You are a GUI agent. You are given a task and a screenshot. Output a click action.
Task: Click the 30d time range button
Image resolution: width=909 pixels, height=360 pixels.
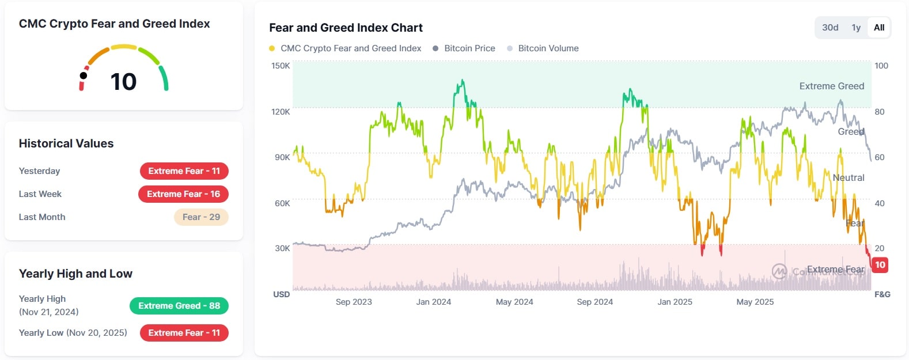coord(830,28)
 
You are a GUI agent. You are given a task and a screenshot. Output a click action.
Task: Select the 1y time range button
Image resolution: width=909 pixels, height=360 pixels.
coord(856,28)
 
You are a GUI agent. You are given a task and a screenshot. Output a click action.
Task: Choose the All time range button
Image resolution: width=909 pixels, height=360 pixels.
coord(878,28)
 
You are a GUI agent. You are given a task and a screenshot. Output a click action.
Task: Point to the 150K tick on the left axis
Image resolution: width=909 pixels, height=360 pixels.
coord(281,66)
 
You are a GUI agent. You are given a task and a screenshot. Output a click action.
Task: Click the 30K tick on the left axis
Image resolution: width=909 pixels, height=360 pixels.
coord(282,248)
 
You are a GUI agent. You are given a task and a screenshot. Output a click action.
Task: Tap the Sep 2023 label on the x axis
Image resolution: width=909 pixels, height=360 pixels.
coord(354,302)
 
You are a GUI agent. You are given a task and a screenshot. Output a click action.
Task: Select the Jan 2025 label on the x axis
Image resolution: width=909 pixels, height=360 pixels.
coord(675,302)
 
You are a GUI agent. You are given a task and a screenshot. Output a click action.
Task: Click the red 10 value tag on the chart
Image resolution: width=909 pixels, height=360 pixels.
coord(880,265)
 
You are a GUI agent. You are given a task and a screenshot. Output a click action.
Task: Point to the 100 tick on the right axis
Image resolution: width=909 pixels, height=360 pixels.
coord(881,66)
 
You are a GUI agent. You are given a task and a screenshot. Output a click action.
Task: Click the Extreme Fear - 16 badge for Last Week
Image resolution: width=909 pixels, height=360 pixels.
coord(183,194)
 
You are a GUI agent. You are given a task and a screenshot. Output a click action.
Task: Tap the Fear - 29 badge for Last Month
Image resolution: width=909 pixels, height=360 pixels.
coord(201,217)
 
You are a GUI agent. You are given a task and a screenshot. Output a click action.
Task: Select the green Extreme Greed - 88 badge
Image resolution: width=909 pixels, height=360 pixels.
coord(179,306)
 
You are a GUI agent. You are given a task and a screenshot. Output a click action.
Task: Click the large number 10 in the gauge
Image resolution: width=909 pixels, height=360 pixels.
coord(123,82)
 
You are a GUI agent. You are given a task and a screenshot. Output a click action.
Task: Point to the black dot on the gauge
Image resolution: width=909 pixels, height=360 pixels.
coord(84,75)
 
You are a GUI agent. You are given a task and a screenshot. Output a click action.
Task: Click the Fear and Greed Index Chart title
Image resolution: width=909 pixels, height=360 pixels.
coord(346,28)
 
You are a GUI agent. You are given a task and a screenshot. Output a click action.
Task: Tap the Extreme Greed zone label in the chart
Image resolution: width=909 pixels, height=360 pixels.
coord(831,86)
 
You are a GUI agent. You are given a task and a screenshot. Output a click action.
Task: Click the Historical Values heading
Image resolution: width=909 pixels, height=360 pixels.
coord(66,143)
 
